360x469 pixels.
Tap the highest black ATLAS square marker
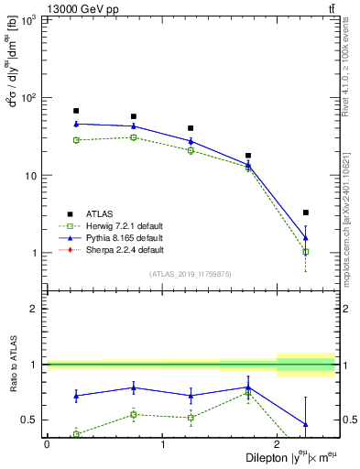[76, 111]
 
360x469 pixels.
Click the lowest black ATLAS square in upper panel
[306, 213]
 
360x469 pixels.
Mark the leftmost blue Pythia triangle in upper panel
[76, 124]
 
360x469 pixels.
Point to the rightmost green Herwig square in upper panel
[306, 251]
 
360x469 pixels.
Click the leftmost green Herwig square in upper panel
[76, 140]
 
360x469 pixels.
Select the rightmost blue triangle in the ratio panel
[306, 424]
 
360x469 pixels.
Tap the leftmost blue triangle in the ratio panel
[76, 396]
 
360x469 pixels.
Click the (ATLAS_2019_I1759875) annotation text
[191, 274]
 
